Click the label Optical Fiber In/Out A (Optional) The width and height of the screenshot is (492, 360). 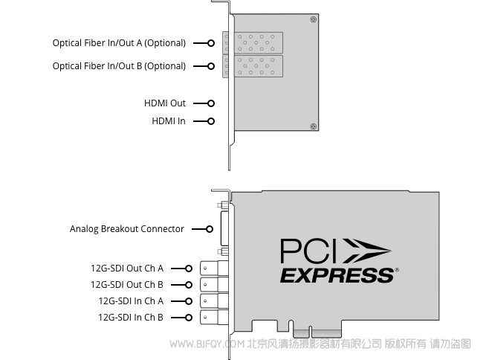[119, 43]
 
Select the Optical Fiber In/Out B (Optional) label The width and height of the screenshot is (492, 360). [119, 66]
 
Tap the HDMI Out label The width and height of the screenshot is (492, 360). [165, 103]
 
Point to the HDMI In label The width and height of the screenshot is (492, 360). [169, 121]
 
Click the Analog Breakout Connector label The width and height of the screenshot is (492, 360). [127, 229]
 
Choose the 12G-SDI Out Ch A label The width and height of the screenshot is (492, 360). [127, 269]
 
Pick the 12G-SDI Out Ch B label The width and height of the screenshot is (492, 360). [127, 285]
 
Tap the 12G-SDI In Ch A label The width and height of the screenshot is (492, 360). [131, 301]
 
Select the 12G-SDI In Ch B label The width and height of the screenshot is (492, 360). [131, 318]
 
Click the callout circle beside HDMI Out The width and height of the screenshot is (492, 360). [211, 103]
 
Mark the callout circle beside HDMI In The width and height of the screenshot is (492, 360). [211, 121]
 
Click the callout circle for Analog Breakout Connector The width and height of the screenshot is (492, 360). [210, 229]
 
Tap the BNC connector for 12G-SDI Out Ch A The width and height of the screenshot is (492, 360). [214, 269]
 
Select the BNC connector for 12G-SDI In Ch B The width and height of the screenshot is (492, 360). [214, 317]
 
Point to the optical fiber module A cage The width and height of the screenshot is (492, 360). [253, 42]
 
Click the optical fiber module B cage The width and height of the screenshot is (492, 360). [253, 66]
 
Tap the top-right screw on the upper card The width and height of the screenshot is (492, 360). [313, 19]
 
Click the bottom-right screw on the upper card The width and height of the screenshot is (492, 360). [313, 126]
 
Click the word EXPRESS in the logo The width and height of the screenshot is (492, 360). [337, 275]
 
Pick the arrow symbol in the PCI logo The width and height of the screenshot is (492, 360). [367, 251]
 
